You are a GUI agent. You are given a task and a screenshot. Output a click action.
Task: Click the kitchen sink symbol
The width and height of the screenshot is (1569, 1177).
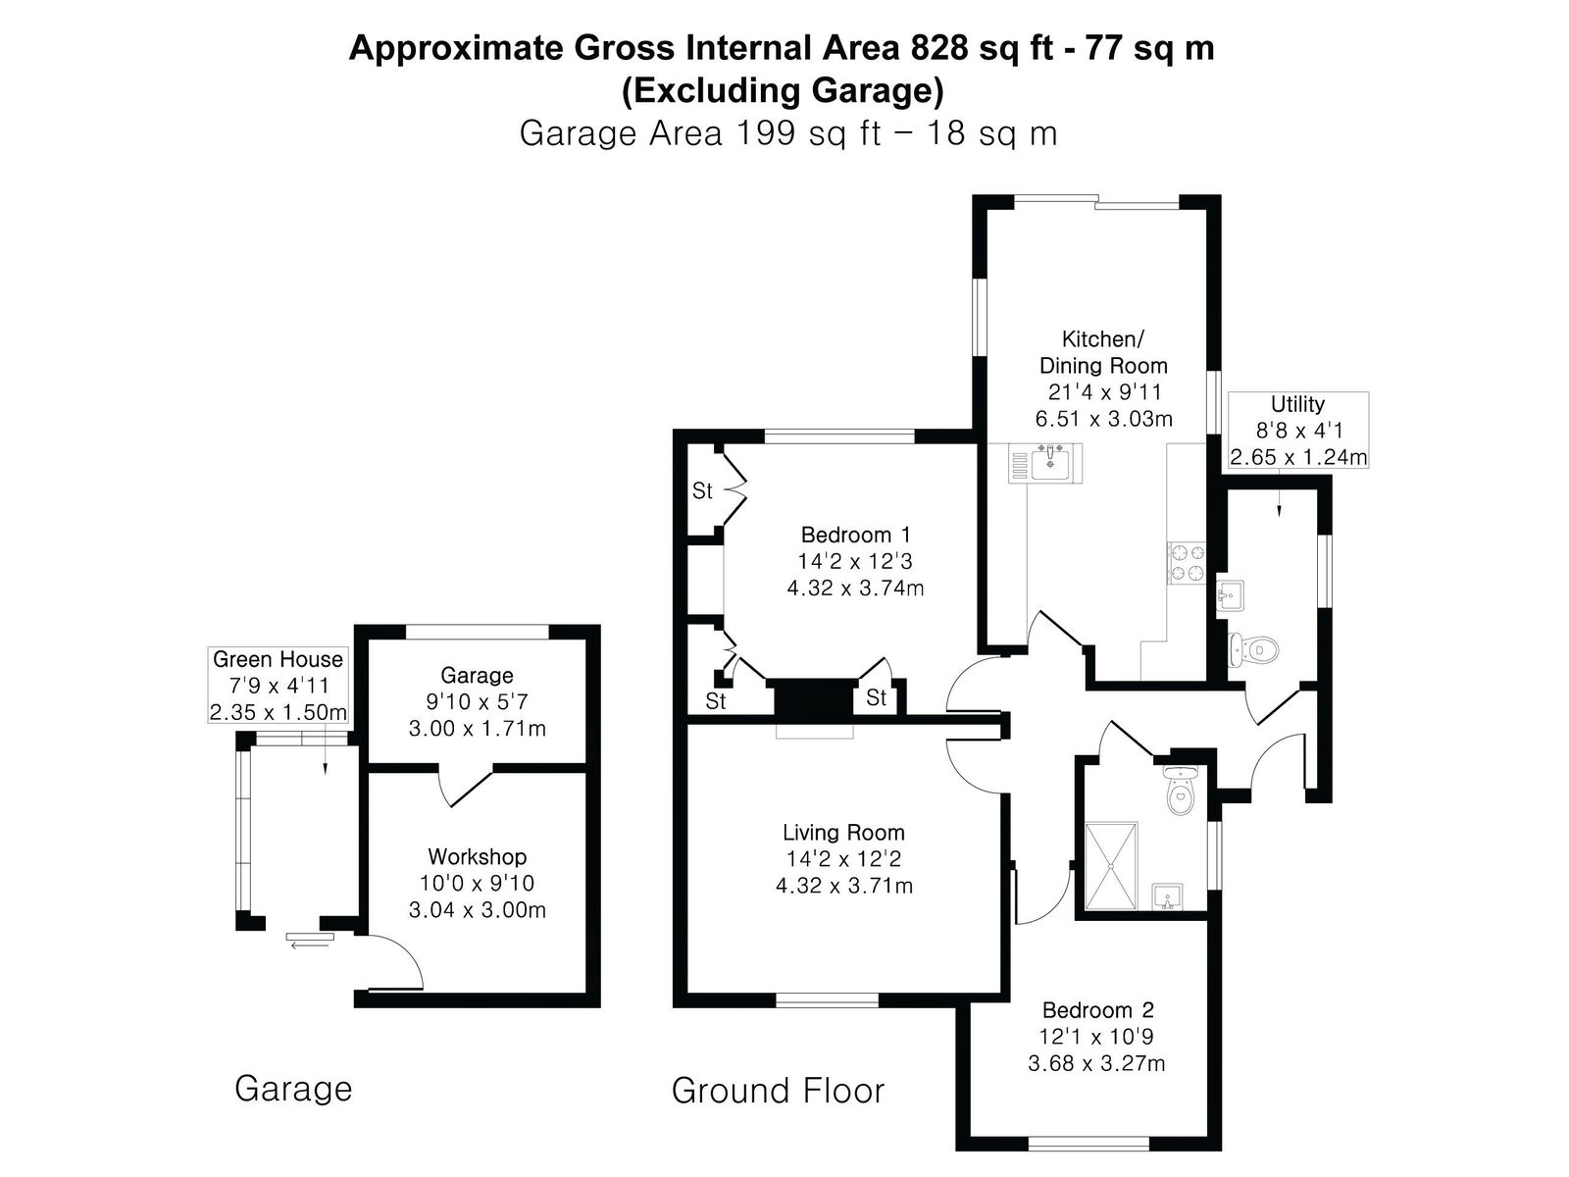tap(1044, 463)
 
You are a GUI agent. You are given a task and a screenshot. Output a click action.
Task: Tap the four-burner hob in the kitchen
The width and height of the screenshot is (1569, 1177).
tap(1186, 562)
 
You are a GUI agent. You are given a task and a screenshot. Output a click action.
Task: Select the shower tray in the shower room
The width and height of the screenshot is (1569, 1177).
tap(1111, 865)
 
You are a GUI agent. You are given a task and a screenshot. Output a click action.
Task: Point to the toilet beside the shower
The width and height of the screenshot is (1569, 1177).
tap(1180, 790)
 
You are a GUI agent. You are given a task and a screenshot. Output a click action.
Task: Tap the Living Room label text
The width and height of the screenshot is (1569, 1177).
tap(843, 832)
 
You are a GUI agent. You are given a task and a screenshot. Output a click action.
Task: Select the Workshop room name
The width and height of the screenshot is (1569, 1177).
tap(477, 856)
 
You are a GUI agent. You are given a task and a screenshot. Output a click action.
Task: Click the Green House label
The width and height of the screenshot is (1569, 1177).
tap(278, 659)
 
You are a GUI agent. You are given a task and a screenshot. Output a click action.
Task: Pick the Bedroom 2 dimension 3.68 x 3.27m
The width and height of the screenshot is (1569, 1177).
tap(1095, 1063)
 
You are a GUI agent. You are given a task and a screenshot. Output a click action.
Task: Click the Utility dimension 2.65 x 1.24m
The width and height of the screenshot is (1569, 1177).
tap(1298, 457)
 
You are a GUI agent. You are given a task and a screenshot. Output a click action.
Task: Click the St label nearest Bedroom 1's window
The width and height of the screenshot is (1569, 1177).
tap(702, 491)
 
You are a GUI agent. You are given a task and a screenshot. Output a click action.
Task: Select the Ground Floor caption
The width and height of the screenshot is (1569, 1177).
tap(778, 1091)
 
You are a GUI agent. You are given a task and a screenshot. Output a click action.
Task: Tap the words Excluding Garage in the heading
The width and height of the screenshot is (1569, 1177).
tap(783, 91)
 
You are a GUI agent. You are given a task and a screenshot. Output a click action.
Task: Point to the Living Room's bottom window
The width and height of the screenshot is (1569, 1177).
tap(827, 1000)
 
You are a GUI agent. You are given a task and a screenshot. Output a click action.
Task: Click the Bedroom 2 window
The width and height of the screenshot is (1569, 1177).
tap(1088, 1144)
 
